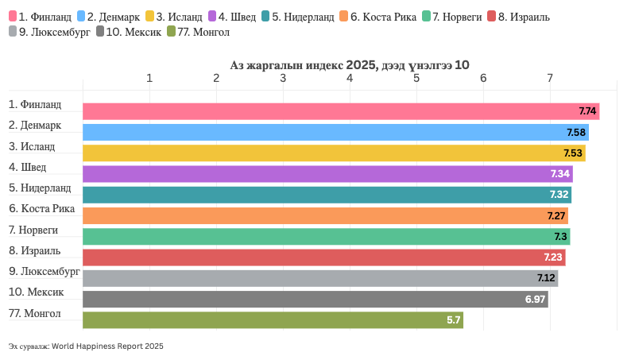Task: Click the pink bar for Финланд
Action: tap(340, 111)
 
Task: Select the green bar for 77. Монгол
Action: tap(273, 319)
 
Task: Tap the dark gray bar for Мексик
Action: tap(315, 299)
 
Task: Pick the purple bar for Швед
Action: tap(327, 174)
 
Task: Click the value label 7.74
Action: tap(587, 111)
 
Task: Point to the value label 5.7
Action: tap(454, 319)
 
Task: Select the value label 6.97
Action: tap(536, 299)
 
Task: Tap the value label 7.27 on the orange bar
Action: tap(556, 215)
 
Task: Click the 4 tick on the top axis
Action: tap(350, 78)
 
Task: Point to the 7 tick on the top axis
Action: tap(550, 78)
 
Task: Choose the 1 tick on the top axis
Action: tap(149, 78)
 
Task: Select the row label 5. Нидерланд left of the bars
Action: tap(40, 188)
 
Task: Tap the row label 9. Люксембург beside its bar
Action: tap(45, 272)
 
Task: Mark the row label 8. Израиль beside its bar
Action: tap(35, 251)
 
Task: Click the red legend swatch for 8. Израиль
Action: tap(491, 16)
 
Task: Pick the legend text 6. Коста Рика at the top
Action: tap(383, 17)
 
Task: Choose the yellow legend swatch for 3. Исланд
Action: tap(150, 16)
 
